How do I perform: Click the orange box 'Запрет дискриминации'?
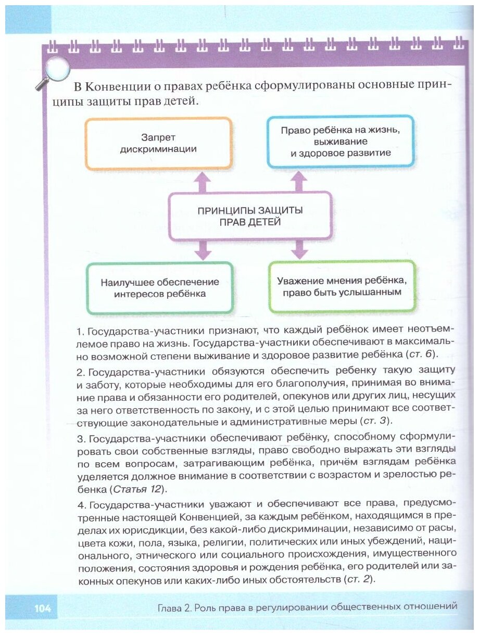pyautogui.click(x=158, y=144)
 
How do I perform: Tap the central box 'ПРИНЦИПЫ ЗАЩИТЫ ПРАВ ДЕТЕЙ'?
pyautogui.click(x=250, y=216)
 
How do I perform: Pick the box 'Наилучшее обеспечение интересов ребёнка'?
pyautogui.click(x=160, y=288)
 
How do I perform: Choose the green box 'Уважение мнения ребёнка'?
pyautogui.click(x=342, y=287)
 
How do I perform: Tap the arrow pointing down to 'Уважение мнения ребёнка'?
pyautogui.click(x=299, y=250)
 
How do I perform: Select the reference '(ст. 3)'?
pyautogui.click(x=376, y=420)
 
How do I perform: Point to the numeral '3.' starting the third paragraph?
pyautogui.click(x=81, y=435)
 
